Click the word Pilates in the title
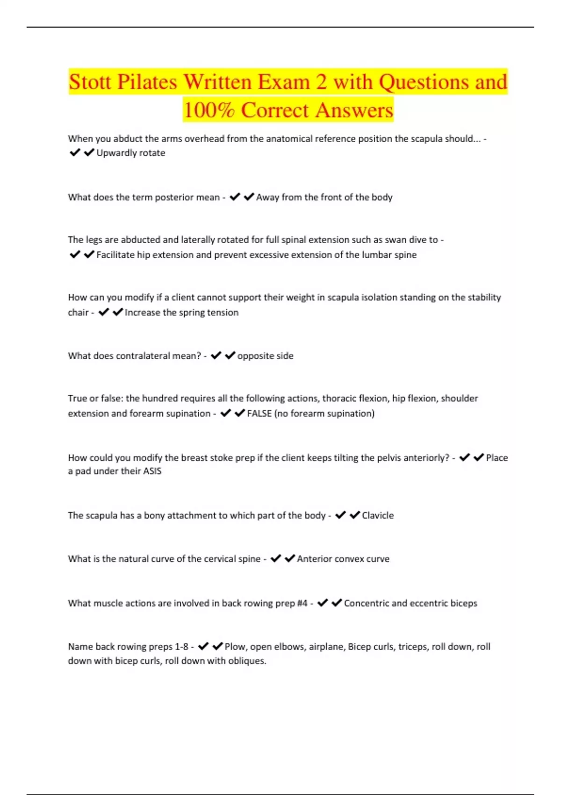pyautogui.click(x=147, y=82)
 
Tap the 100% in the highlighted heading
pyautogui.click(x=209, y=110)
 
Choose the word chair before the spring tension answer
pyautogui.click(x=78, y=312)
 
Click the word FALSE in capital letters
pyautogui.click(x=259, y=413)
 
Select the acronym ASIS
pyautogui.click(x=152, y=471)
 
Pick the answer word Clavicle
pyautogui.click(x=378, y=515)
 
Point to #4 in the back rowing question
pyautogui.click(x=302, y=603)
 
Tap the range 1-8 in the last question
pyautogui.click(x=181, y=647)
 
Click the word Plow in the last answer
pyautogui.click(x=235, y=647)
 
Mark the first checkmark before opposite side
pyautogui.click(x=216, y=356)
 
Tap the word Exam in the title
pyautogui.click(x=284, y=82)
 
